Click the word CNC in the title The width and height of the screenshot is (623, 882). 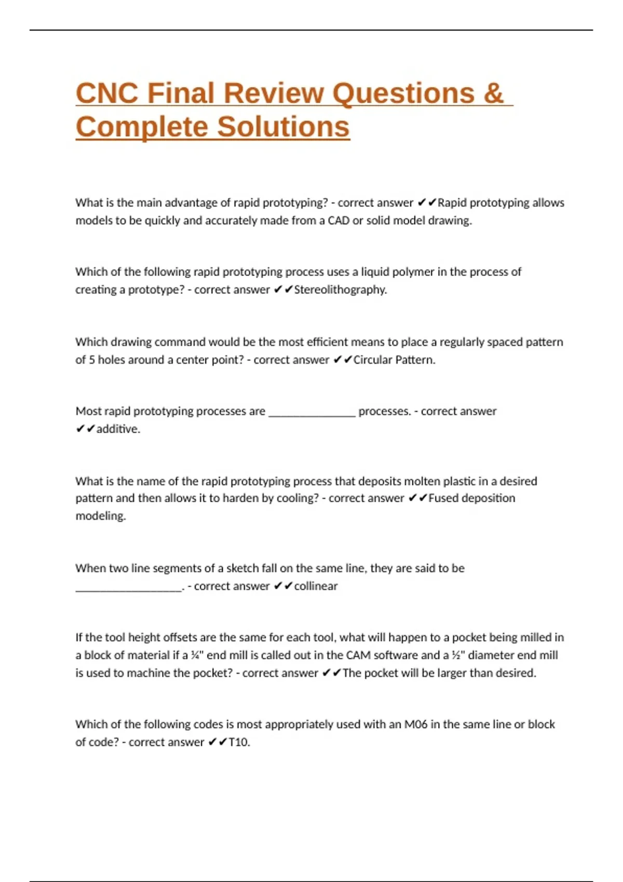(106, 93)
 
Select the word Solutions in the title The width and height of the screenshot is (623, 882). (283, 127)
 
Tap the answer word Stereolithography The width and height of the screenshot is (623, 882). (340, 290)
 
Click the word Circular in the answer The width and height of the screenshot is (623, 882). (372, 360)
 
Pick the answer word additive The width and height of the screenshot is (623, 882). (118, 429)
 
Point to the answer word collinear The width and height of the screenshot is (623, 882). (316, 586)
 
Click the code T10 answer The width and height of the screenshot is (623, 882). (239, 742)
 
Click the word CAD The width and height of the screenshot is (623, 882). (338, 220)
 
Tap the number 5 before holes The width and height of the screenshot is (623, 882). (91, 360)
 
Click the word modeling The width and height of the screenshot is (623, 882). (101, 516)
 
